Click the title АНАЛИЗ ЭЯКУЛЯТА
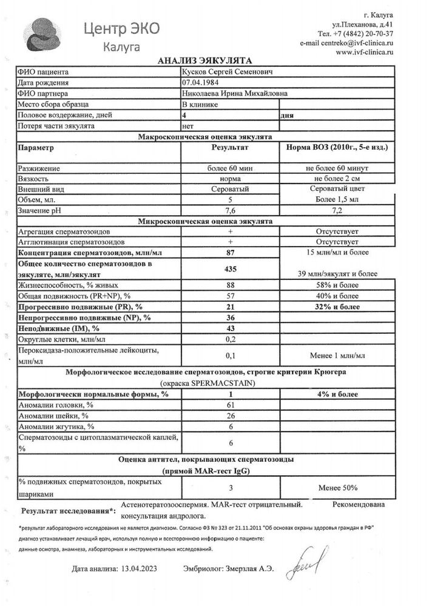(x=200, y=61)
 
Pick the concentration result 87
(x=230, y=251)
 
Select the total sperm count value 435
(x=230, y=268)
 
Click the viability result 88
(x=230, y=285)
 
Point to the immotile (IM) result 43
(x=230, y=328)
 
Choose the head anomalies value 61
(x=230, y=404)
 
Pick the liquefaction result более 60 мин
(x=230, y=168)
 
